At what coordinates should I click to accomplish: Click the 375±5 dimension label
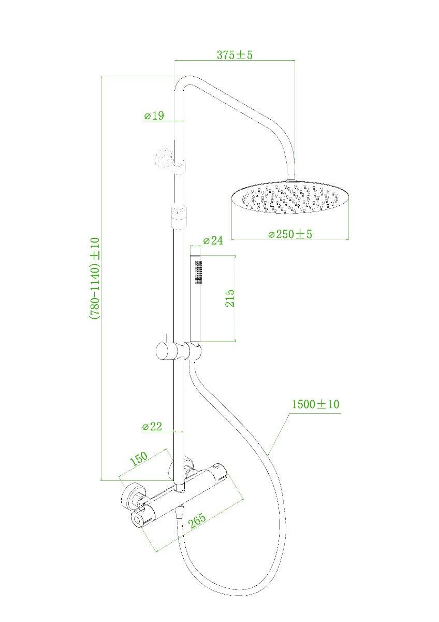pyautogui.click(x=235, y=54)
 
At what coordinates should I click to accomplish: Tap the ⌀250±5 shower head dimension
pyautogui.click(x=290, y=234)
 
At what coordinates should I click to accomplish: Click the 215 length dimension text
pyautogui.click(x=230, y=298)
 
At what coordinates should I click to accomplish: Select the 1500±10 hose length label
pyautogui.click(x=315, y=404)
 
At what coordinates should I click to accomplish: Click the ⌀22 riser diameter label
pyautogui.click(x=152, y=427)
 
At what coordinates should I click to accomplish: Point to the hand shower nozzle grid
pyautogui.click(x=197, y=272)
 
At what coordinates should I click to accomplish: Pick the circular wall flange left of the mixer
pyautogui.click(x=132, y=496)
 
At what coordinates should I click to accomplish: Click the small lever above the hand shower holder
pyautogui.click(x=163, y=338)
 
